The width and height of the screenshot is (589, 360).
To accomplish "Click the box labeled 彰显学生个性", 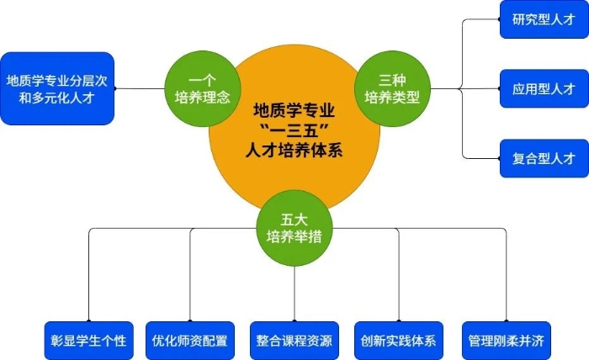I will pos(88,340).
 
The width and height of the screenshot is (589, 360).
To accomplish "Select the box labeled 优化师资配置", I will pos(189,340).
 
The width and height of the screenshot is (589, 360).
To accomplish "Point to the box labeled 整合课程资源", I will pos(294,340).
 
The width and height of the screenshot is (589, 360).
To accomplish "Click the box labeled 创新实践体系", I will pos(398,340).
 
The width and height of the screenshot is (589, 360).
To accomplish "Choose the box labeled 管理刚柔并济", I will pos(502,340).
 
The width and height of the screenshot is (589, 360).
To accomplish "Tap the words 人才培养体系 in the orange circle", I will pos(294,151).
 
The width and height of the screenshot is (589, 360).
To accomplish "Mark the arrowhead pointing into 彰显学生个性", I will pos(88,318).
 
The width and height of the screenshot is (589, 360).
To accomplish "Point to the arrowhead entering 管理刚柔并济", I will pos(502,318).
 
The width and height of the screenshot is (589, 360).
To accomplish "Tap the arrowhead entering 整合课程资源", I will pos(294,318).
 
